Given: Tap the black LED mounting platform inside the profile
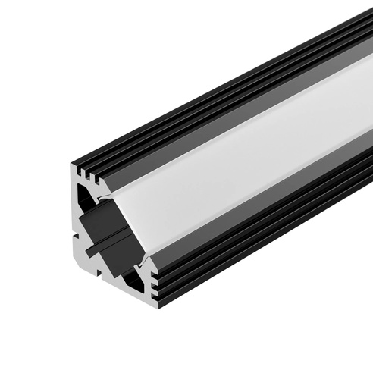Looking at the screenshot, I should [107, 230].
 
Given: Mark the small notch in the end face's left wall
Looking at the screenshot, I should [77, 215].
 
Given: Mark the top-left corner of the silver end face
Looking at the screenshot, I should [75, 168].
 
